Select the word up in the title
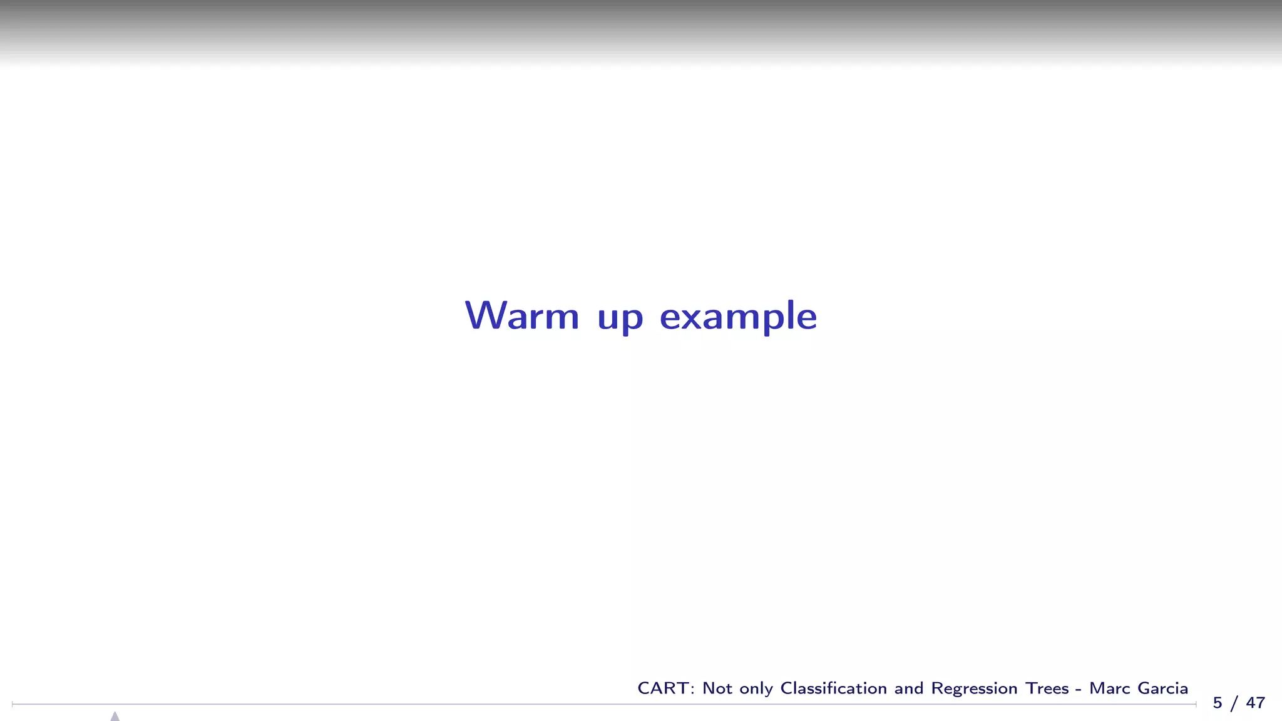(x=620, y=318)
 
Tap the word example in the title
(x=738, y=317)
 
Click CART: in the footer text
(x=666, y=688)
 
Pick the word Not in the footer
(x=717, y=688)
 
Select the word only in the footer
(x=756, y=689)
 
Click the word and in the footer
(x=908, y=688)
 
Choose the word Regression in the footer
(x=974, y=689)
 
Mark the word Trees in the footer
(x=1047, y=688)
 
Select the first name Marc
(x=1109, y=688)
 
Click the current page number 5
(x=1218, y=703)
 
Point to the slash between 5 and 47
(x=1234, y=703)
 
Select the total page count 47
(x=1255, y=703)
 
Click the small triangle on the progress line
(x=115, y=716)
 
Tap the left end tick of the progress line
(x=13, y=704)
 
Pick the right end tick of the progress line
(x=1196, y=704)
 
